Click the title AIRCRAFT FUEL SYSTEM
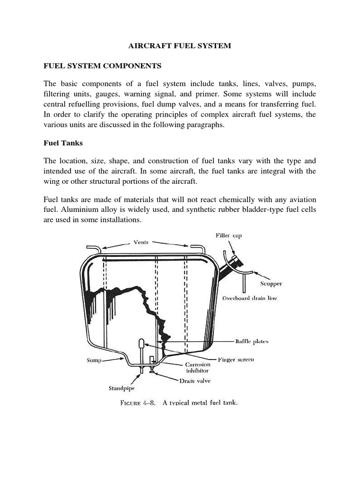(180, 46)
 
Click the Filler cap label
(228, 235)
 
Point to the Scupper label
(271, 284)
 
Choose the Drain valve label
(195, 381)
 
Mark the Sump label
(94, 360)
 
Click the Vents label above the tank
(141, 242)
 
